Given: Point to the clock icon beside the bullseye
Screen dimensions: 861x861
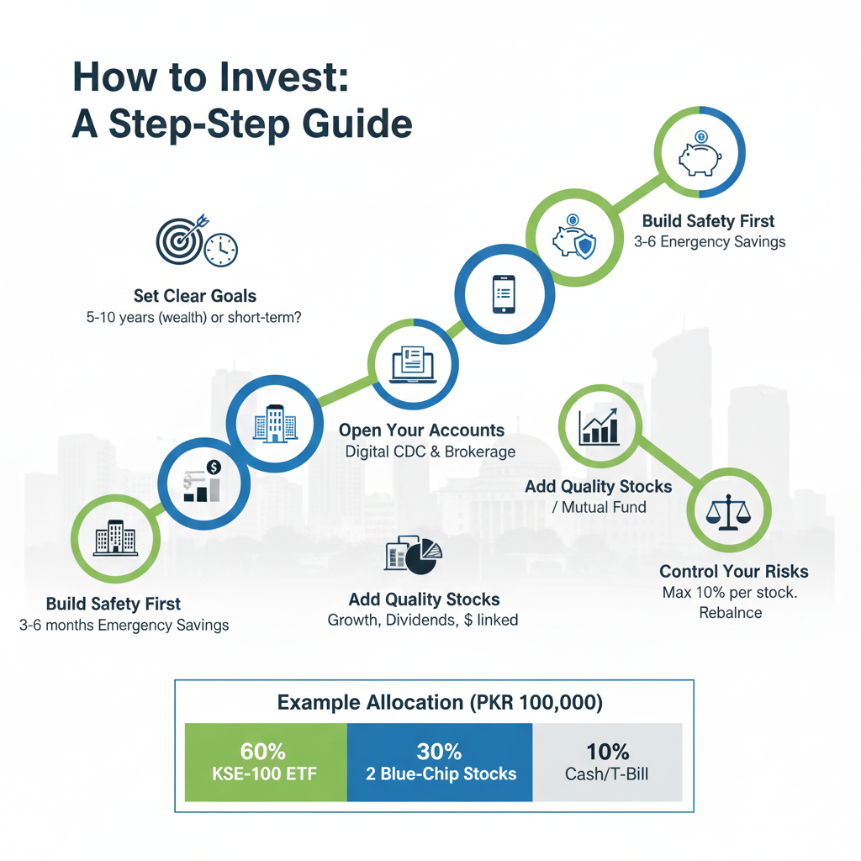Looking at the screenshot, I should tap(221, 249).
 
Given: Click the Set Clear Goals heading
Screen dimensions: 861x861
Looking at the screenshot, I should tap(195, 296).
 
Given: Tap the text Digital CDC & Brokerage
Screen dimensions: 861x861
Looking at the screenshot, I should tap(430, 452).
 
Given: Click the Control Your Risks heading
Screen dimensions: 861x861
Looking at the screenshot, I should tap(734, 572).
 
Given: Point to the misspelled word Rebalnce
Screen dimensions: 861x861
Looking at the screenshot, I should tap(730, 612).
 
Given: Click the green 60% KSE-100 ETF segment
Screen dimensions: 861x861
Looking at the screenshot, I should tap(266, 762).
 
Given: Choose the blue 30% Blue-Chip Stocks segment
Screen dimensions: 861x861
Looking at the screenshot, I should tap(440, 762).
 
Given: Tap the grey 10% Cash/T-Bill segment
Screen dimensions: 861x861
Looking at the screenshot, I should tap(607, 762).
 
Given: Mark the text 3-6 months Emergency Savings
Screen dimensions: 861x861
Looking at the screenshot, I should tap(124, 626).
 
